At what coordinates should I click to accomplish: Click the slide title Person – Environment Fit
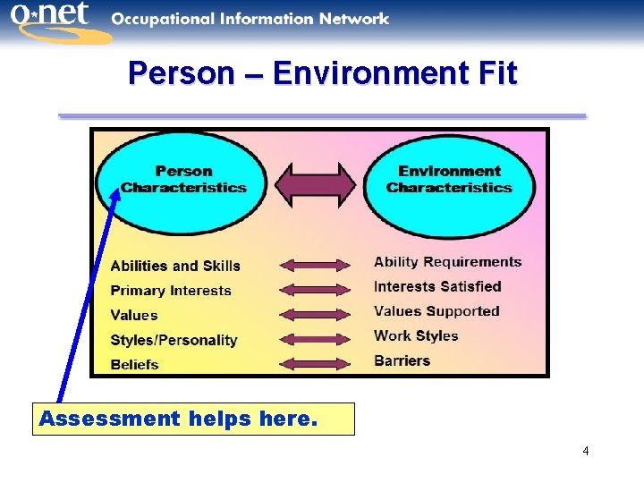pos(322,73)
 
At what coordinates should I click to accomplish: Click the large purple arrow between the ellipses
pos(315,182)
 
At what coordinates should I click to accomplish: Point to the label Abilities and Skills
pos(175,266)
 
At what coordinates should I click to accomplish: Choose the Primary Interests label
pos(171,291)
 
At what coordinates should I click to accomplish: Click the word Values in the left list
pos(134,315)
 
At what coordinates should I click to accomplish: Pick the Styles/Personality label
pos(174,340)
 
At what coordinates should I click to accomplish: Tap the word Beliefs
pos(134,364)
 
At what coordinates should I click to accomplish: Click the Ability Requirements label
pos(447,262)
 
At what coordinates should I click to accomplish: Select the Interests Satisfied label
pos(437,286)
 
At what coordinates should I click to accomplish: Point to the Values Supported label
pos(436,311)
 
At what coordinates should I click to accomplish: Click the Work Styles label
pos(416,335)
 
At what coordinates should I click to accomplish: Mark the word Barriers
pos(402,360)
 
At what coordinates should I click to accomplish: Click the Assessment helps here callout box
pos(193,419)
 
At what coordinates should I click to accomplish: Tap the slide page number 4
pos(585,451)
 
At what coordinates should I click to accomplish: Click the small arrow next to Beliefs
pos(315,364)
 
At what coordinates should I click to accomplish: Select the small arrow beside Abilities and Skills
pos(315,265)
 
